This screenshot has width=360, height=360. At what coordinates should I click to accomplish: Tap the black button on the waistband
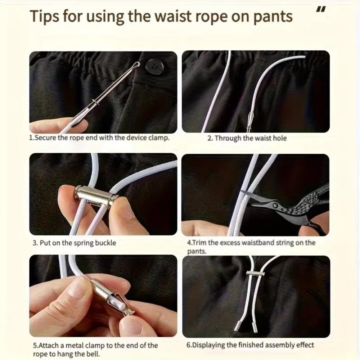coord(154,67)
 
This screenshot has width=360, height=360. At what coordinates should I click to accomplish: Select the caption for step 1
coord(99,138)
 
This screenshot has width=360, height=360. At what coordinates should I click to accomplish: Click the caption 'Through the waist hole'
coord(247,138)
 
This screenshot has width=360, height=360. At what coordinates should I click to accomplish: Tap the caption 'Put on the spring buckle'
coord(74,243)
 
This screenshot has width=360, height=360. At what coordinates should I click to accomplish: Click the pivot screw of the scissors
coord(276,206)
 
